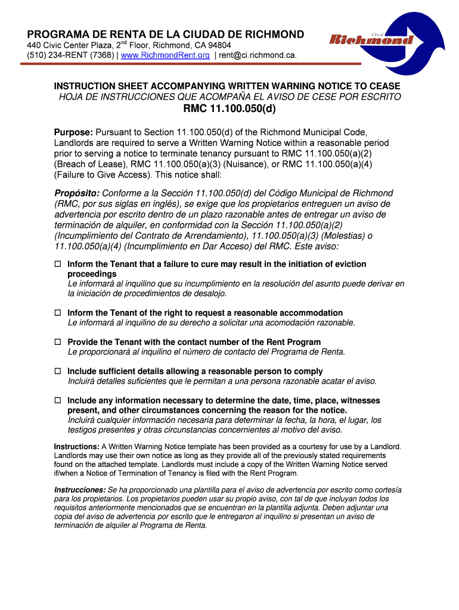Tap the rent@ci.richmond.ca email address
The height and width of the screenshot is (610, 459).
pyautogui.click(x=258, y=55)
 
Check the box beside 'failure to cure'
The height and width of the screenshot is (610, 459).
pyautogui.click(x=58, y=264)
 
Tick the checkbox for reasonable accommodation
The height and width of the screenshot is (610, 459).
pyautogui.click(x=58, y=313)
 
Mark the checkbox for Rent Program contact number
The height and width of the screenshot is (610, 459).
pyautogui.click(x=58, y=342)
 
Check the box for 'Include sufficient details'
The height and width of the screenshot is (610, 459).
pyautogui.click(x=58, y=371)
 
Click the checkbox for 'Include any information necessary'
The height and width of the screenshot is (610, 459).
pyautogui.click(x=58, y=400)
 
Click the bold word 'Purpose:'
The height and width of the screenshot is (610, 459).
pyautogui.click(x=73, y=132)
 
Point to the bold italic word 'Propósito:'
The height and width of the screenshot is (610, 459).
pyautogui.click(x=77, y=194)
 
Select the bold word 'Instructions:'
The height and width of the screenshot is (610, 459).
pyautogui.click(x=76, y=447)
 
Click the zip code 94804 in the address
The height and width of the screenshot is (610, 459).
pyautogui.click(x=219, y=45)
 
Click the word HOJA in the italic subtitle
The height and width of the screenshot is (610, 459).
pyautogui.click(x=71, y=97)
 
